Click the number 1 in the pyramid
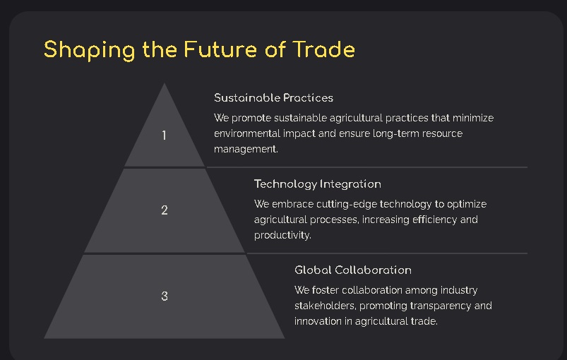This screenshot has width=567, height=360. (x=165, y=135)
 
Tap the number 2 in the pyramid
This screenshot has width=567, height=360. (x=165, y=210)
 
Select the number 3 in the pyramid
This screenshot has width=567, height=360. (x=165, y=296)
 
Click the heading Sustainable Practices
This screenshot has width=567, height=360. (x=273, y=97)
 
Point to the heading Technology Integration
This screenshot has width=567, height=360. (x=317, y=184)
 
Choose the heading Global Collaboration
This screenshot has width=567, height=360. (x=352, y=270)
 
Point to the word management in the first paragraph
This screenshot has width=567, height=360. (x=246, y=149)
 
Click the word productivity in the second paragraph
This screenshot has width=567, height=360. (x=282, y=235)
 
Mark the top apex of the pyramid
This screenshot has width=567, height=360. (x=165, y=85)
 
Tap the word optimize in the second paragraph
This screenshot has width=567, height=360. (x=465, y=204)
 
